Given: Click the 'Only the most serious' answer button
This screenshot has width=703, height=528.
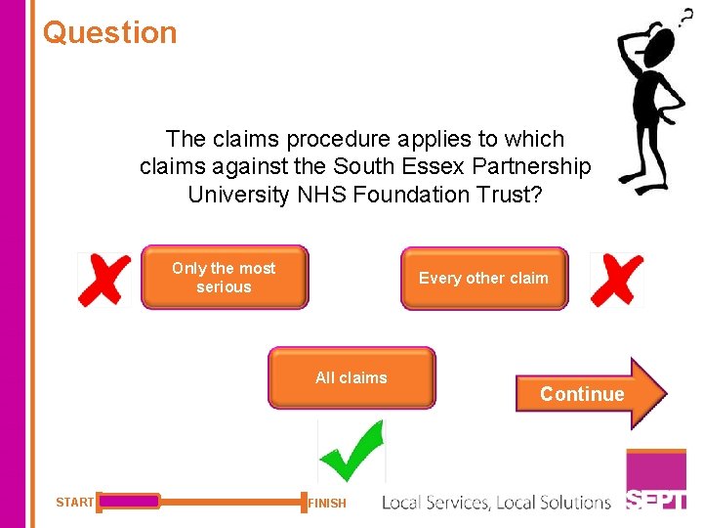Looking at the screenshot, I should (224, 278).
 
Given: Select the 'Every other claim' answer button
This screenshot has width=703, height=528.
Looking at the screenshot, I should (483, 279).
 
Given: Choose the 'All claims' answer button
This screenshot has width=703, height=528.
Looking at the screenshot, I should (351, 377).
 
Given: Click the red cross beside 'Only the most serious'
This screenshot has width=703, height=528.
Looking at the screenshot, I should (104, 280).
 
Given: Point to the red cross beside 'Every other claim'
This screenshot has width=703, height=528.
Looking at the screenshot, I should (617, 280).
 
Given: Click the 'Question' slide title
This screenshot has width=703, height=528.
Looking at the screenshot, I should (110, 32).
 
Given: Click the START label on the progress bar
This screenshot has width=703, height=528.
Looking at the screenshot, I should (75, 503).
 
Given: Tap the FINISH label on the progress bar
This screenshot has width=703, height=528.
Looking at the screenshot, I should (327, 504).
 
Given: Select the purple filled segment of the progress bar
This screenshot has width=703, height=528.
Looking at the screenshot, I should (129, 502).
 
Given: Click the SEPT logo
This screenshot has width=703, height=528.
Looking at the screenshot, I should (656, 500).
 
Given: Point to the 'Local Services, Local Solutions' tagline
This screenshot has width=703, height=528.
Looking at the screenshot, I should (496, 503).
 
